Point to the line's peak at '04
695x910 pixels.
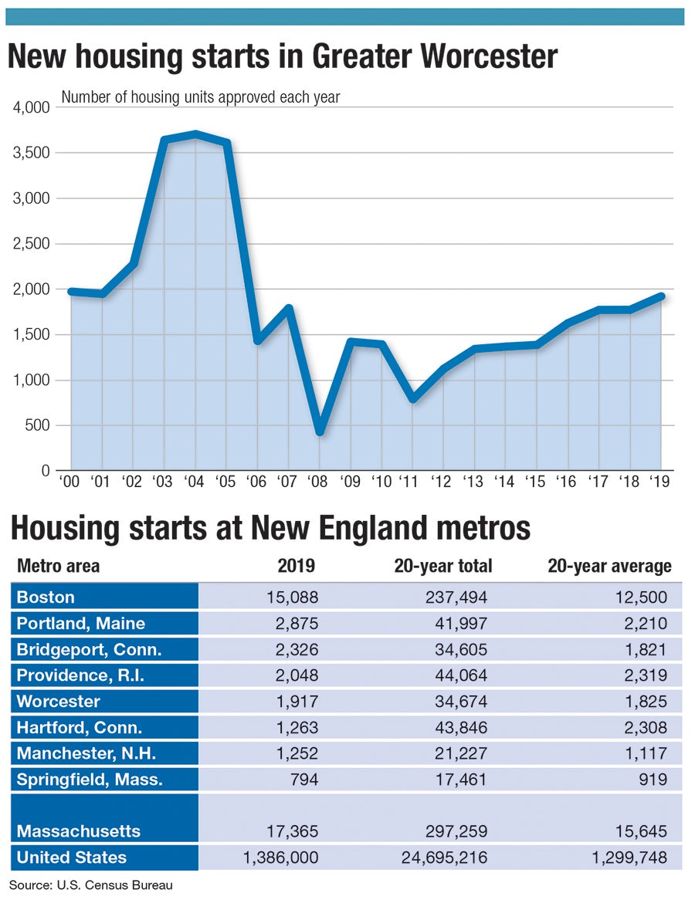[x=195, y=134]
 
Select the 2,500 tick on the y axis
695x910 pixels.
[x=32, y=244]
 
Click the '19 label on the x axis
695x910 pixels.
[x=659, y=482]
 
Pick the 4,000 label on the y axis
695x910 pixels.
[x=32, y=107]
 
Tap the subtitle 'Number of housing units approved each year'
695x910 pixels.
[x=201, y=97]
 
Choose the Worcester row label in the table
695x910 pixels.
[x=59, y=701]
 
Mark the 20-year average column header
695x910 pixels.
[x=609, y=566]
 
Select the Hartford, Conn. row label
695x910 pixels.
[x=79, y=727]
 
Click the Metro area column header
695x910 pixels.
[x=59, y=566]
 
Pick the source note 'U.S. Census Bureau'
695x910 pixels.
[x=115, y=885]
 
